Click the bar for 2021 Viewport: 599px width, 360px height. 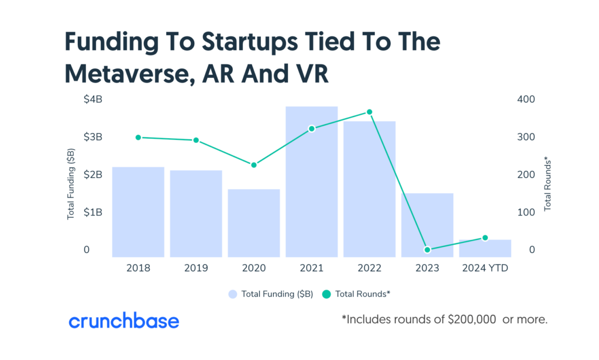pyautogui.click(x=311, y=181)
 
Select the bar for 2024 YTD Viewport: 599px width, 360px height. pyautogui.click(x=485, y=248)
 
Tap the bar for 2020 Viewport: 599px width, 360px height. pyautogui.click(x=254, y=222)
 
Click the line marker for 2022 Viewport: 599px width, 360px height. pyautogui.click(x=369, y=112)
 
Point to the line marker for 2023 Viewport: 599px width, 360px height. pyautogui.click(x=427, y=250)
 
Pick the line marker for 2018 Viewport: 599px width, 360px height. pyautogui.click(x=138, y=138)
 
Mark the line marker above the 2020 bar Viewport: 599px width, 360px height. pyautogui.click(x=254, y=165)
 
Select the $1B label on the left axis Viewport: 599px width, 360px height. pyautogui.click(x=93, y=212)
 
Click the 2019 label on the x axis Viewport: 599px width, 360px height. pyautogui.click(x=196, y=268)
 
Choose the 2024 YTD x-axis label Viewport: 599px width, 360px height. pyautogui.click(x=485, y=268)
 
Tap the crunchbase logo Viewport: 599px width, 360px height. pyautogui.click(x=124, y=321)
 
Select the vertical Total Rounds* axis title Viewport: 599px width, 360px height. pyautogui.click(x=548, y=184)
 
